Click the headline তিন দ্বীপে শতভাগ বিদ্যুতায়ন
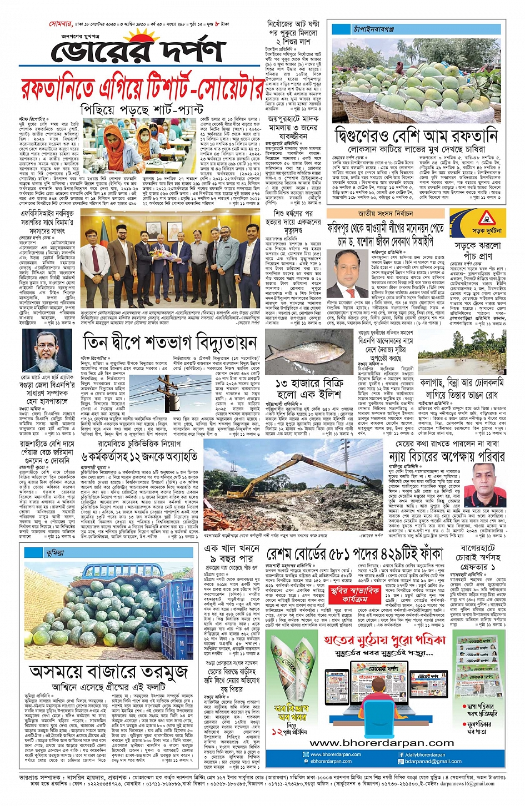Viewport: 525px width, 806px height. [x=169, y=342]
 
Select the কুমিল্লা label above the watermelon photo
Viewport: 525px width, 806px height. [x=56, y=553]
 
